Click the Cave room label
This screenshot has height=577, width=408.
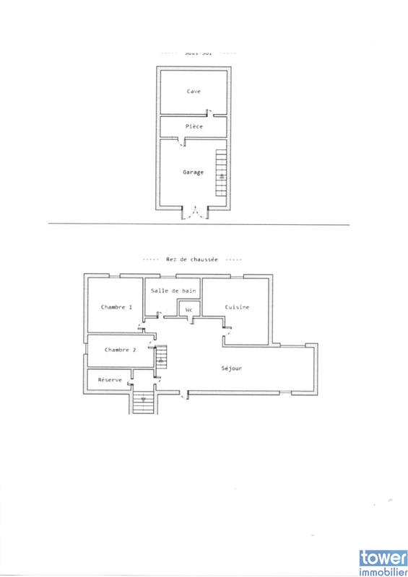194,92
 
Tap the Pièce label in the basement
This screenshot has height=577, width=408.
194,127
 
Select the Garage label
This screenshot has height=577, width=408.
193,172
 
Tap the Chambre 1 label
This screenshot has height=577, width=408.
117,307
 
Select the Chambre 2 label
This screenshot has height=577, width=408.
120,350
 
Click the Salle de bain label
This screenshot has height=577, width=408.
173,291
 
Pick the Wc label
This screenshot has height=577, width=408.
189,310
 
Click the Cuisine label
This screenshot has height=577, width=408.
237,307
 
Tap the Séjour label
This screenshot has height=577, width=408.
231,369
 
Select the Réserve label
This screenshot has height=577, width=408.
110,379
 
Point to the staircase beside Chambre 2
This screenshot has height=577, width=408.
162,358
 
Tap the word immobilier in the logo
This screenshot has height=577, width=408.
383,569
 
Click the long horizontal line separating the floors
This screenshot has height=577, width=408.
199,224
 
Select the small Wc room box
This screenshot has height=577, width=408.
189,311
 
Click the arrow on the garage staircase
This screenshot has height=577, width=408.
222,175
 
